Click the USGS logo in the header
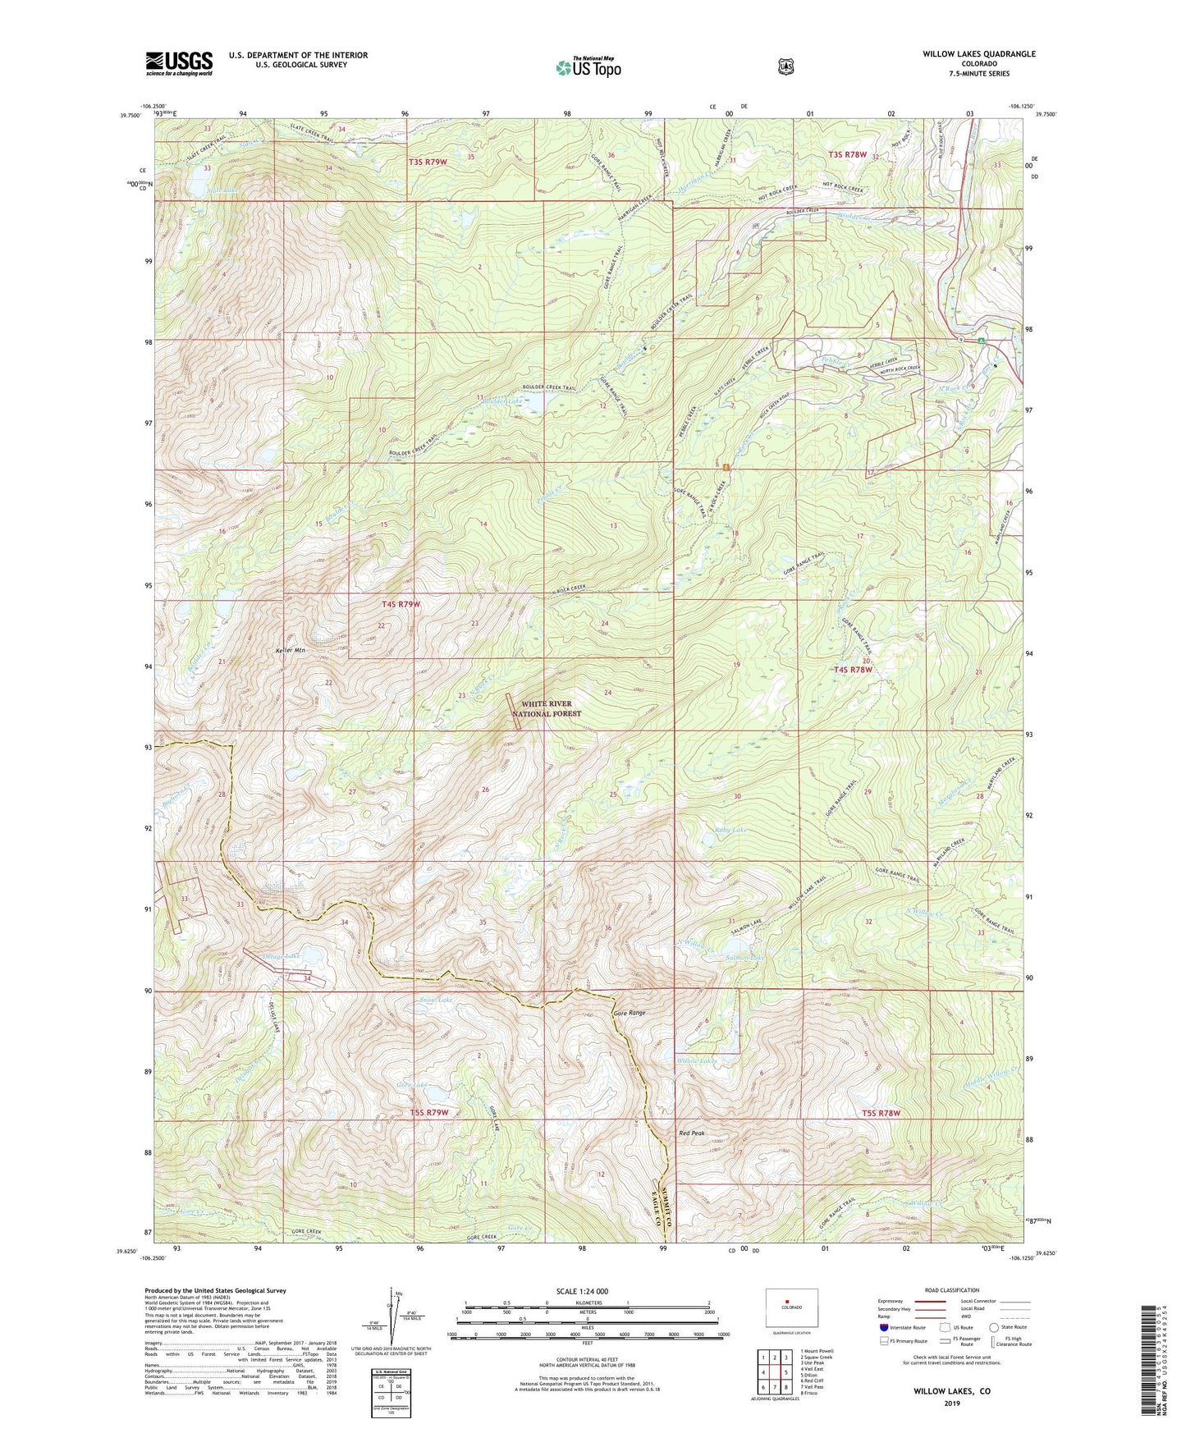tap(179, 63)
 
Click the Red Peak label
tap(691, 1133)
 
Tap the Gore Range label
tap(630, 1014)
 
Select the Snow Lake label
tap(436, 1000)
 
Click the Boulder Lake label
tap(502, 401)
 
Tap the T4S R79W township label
tap(401, 604)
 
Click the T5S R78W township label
tap(881, 1114)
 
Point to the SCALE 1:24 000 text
tap(582, 1291)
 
